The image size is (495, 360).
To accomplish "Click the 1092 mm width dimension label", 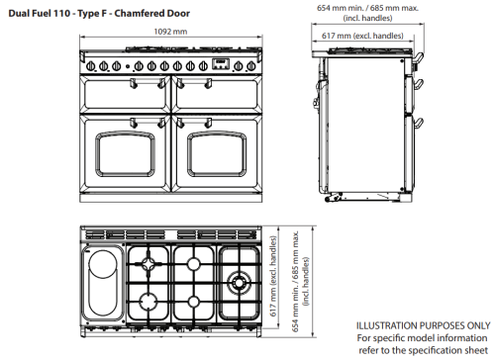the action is click(170, 32).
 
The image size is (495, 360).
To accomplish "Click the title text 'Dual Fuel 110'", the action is click(40, 14).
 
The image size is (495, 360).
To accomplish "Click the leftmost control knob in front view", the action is click(91, 66).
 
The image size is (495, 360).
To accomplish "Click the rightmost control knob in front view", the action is click(251, 66).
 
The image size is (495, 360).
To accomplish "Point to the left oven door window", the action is click(125, 154).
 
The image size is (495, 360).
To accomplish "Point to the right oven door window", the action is click(217, 154).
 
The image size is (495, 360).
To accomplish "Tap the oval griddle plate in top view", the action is click(102, 282).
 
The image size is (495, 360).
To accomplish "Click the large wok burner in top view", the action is click(239, 283).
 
